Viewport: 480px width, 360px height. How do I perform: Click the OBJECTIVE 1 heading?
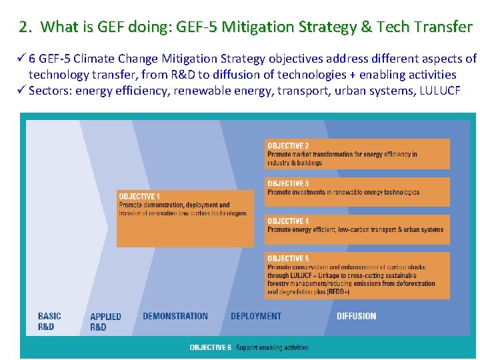pos(139,197)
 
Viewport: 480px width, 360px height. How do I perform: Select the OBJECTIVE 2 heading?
pos(288,146)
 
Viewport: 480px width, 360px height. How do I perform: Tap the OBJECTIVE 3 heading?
pos(288,183)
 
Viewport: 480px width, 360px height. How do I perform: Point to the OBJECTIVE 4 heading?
pos(288,221)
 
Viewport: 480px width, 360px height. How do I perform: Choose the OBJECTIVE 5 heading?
pos(288,259)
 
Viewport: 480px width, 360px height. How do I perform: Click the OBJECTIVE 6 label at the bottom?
pos(210,347)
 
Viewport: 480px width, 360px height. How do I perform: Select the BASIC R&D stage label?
pos(49,321)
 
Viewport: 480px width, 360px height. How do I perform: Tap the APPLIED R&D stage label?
pos(105,321)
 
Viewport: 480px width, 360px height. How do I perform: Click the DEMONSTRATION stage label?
pos(175,316)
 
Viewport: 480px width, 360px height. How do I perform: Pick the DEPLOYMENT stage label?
pos(256,316)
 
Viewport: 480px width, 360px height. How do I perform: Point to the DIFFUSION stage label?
pos(356,316)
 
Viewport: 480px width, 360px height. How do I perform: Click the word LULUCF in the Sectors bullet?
pos(439,91)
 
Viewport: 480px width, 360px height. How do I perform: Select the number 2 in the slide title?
pos(24,27)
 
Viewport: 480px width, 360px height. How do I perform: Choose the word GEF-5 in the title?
pos(195,27)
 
